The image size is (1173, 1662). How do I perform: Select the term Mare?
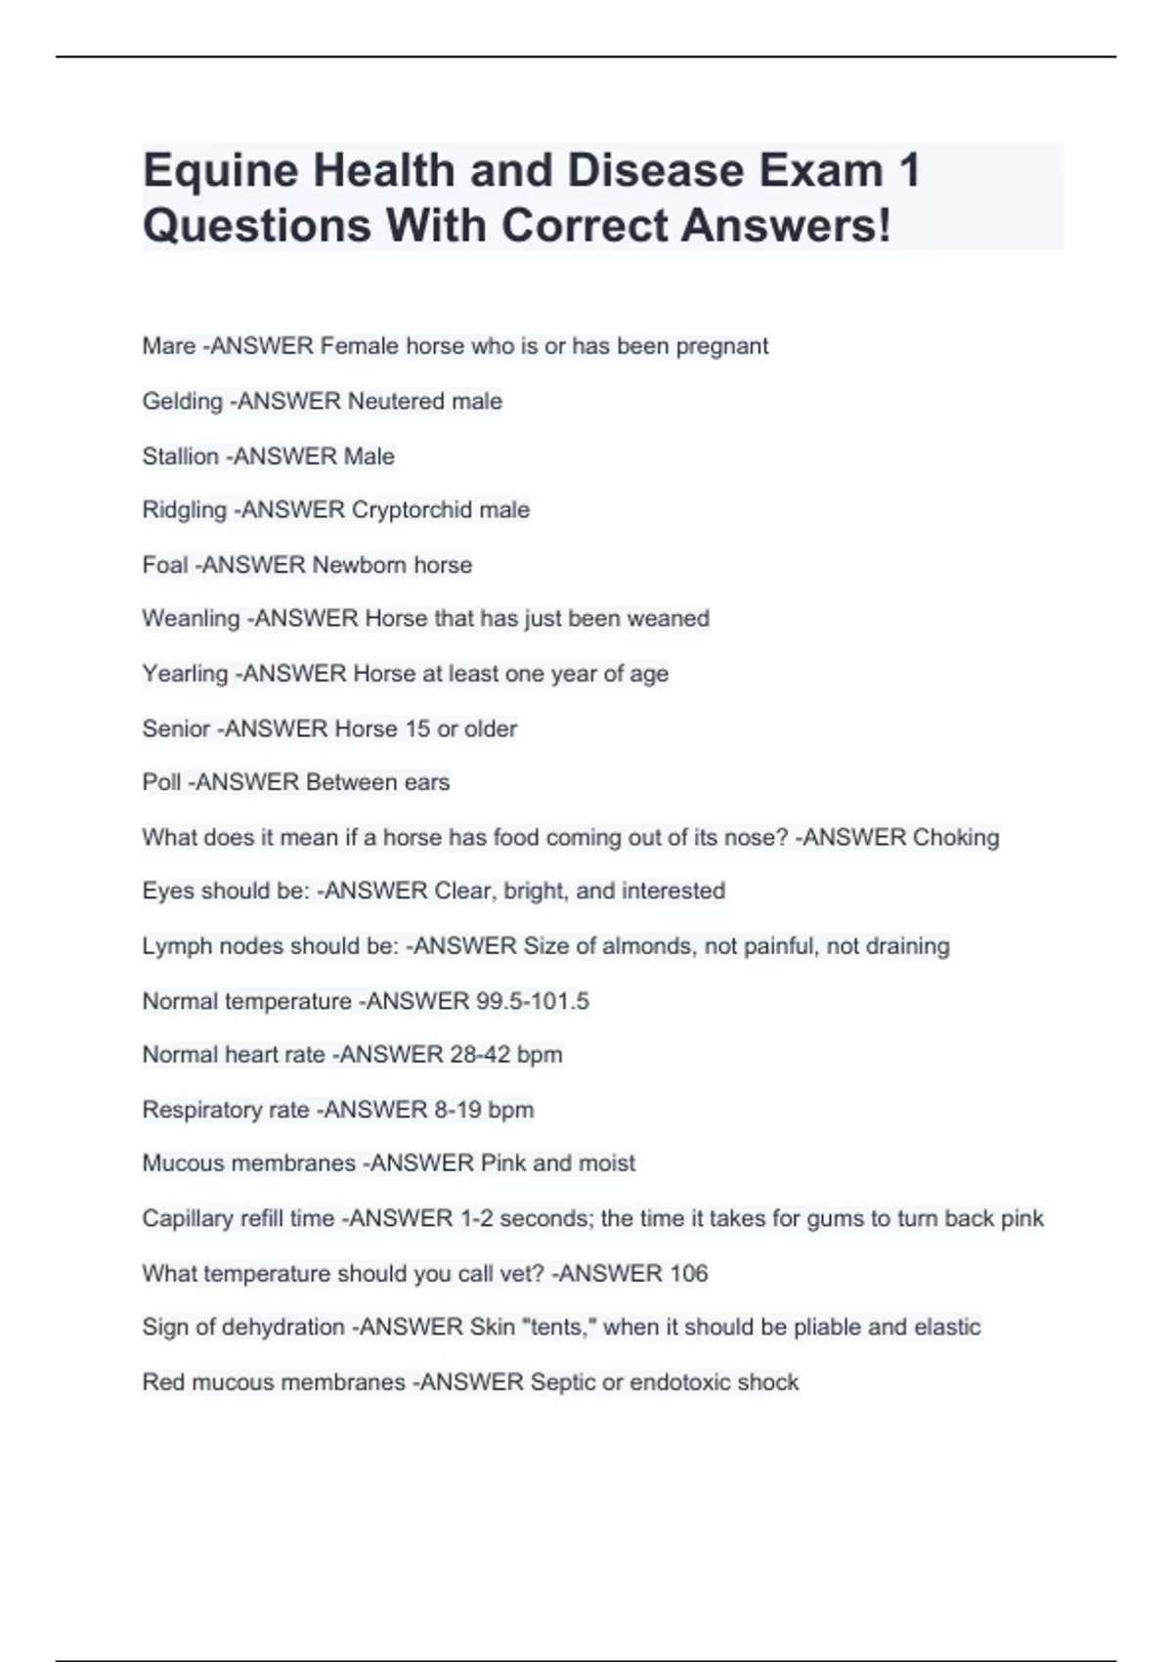tap(168, 346)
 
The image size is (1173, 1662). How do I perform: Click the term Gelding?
tap(182, 402)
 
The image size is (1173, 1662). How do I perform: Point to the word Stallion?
tap(180, 457)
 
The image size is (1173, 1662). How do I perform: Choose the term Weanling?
tap(191, 619)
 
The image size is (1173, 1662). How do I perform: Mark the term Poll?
tap(161, 782)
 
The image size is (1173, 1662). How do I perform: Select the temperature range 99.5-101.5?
tap(533, 1001)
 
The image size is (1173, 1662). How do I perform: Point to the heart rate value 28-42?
tap(479, 1055)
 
